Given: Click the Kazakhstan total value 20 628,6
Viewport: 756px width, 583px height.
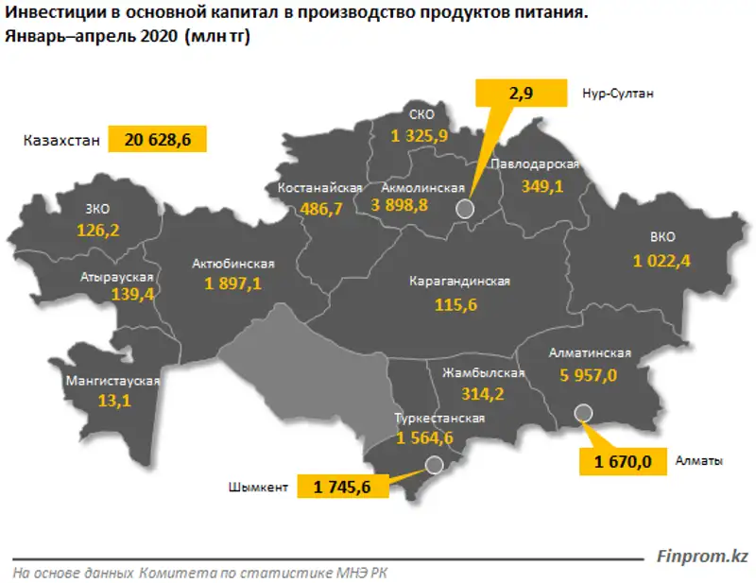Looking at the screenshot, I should (157, 139).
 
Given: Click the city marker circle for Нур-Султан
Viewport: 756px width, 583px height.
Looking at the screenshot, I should (464, 209).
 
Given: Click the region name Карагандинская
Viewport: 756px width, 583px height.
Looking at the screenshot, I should (460, 282).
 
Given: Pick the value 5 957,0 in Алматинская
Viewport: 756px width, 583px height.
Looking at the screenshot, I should (588, 375).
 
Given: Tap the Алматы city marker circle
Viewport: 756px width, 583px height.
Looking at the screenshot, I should (583, 412).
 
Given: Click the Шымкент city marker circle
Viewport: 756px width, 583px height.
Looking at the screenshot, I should (434, 464).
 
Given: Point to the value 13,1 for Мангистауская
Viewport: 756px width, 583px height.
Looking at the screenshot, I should (112, 401).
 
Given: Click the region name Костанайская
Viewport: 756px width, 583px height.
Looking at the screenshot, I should (320, 188).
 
